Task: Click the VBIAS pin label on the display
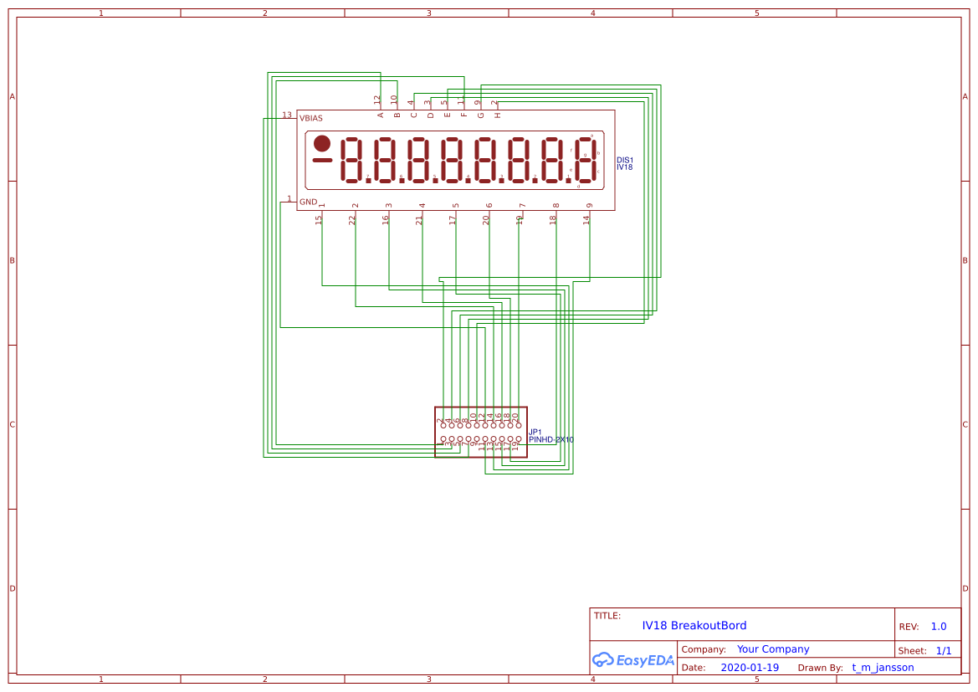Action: click(311, 118)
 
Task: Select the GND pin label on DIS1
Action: click(308, 202)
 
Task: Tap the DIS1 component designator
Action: click(625, 160)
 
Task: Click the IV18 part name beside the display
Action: click(624, 167)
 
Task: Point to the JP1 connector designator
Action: click(535, 432)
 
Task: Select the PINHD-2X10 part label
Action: click(551, 439)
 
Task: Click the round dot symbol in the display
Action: click(322, 144)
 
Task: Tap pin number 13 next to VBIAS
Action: click(287, 115)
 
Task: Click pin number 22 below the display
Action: click(352, 219)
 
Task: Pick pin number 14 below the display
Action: click(586, 219)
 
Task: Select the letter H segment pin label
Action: click(498, 115)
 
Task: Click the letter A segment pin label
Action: click(381, 115)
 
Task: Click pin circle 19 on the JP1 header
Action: click(519, 438)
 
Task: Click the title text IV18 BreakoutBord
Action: click(694, 626)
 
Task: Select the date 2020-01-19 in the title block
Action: click(750, 668)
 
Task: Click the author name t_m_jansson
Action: click(883, 668)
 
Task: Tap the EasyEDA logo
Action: click(633, 659)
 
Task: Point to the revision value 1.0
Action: click(939, 627)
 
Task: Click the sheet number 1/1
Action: click(944, 650)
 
